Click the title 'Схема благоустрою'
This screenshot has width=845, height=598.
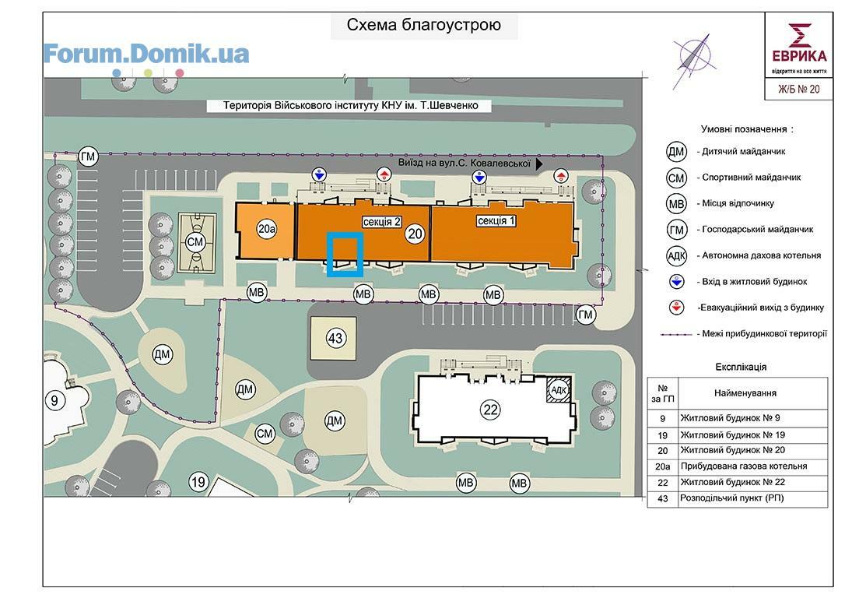tap(423, 25)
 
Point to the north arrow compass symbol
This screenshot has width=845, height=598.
tap(693, 59)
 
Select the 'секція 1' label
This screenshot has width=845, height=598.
tap(496, 220)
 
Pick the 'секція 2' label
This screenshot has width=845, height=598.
tap(381, 222)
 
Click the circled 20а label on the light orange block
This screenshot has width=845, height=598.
tap(267, 229)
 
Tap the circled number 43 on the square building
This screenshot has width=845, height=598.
tap(335, 338)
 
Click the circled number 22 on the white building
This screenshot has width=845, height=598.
tap(490, 410)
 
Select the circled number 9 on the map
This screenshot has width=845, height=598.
tap(54, 401)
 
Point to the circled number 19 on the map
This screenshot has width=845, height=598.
tap(198, 482)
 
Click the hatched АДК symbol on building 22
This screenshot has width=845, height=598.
tap(559, 389)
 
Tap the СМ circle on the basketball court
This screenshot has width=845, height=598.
tap(195, 242)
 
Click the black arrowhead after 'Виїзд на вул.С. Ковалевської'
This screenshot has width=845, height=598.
tap(539, 164)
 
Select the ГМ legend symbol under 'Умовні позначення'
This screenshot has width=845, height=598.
tap(676, 230)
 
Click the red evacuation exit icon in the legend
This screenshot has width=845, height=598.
tap(676, 308)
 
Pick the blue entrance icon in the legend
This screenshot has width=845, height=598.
tap(676, 281)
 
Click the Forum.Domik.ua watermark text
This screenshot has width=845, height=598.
tap(146, 54)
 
